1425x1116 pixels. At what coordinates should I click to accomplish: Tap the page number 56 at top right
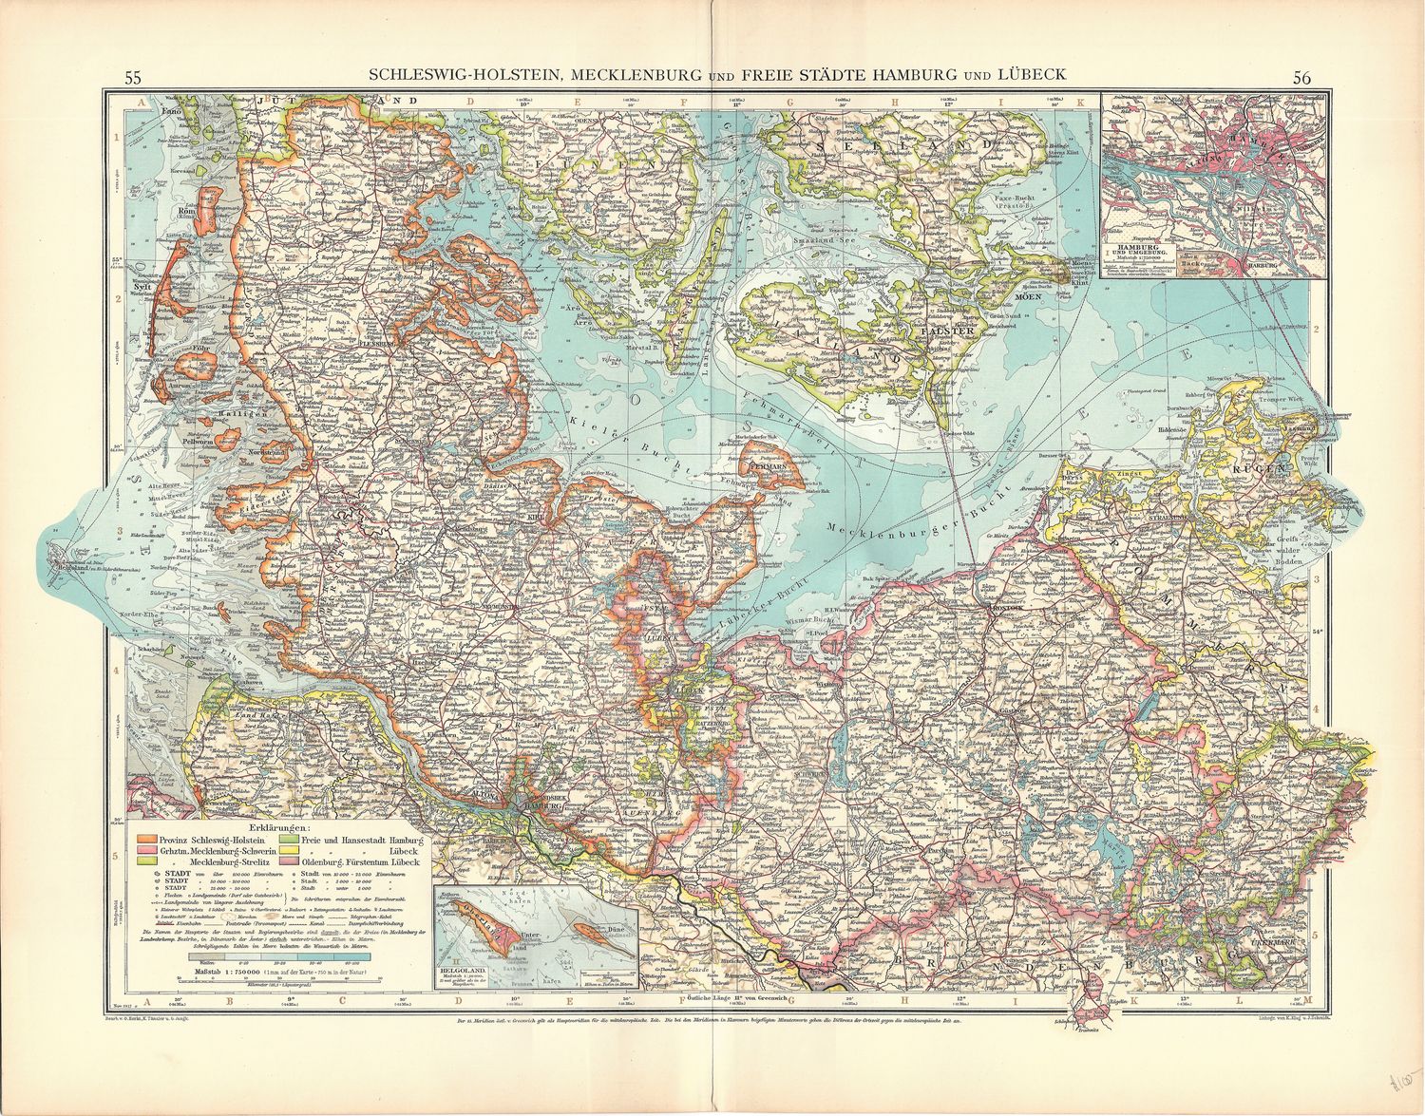pos(1301,78)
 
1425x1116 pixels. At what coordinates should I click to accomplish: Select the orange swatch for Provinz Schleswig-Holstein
pos(148,839)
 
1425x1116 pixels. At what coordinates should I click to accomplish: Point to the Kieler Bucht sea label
pos(608,436)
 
